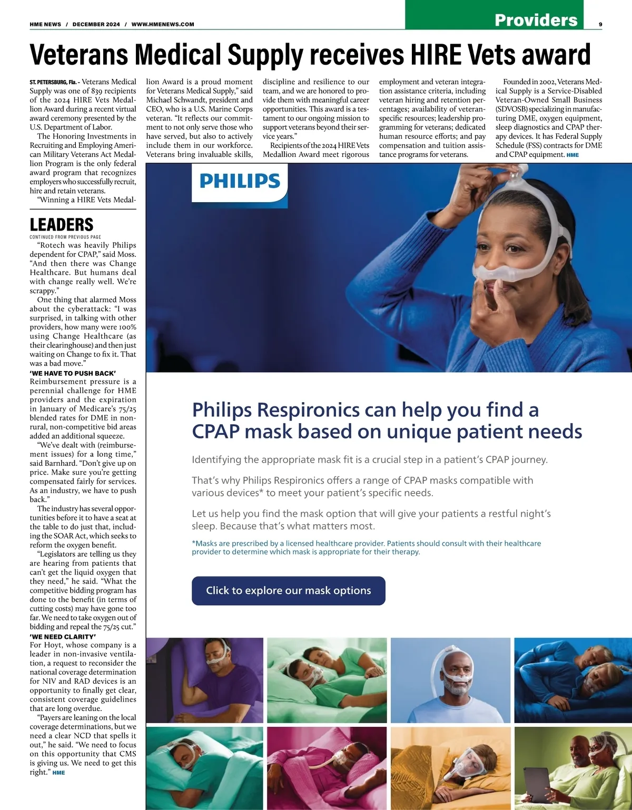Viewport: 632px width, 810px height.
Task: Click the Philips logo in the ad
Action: (240, 181)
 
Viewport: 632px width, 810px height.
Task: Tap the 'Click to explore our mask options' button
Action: (288, 591)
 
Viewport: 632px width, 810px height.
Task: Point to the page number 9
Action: (600, 24)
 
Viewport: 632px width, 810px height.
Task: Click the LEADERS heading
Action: (62, 225)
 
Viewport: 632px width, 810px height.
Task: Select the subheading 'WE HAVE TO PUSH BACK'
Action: (73, 373)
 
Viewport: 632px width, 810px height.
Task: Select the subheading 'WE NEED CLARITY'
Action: (63, 636)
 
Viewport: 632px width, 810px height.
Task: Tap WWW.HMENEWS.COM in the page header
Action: (162, 24)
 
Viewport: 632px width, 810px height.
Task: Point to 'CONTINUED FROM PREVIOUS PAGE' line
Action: (65, 237)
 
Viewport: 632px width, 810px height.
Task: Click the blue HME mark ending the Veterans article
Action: (572, 155)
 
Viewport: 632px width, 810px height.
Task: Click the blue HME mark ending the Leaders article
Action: (59, 773)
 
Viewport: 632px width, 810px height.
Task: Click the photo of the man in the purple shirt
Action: (205, 679)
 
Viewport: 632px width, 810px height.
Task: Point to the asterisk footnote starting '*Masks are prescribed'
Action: (366, 547)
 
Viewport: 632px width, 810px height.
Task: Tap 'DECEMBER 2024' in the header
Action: (96, 24)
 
